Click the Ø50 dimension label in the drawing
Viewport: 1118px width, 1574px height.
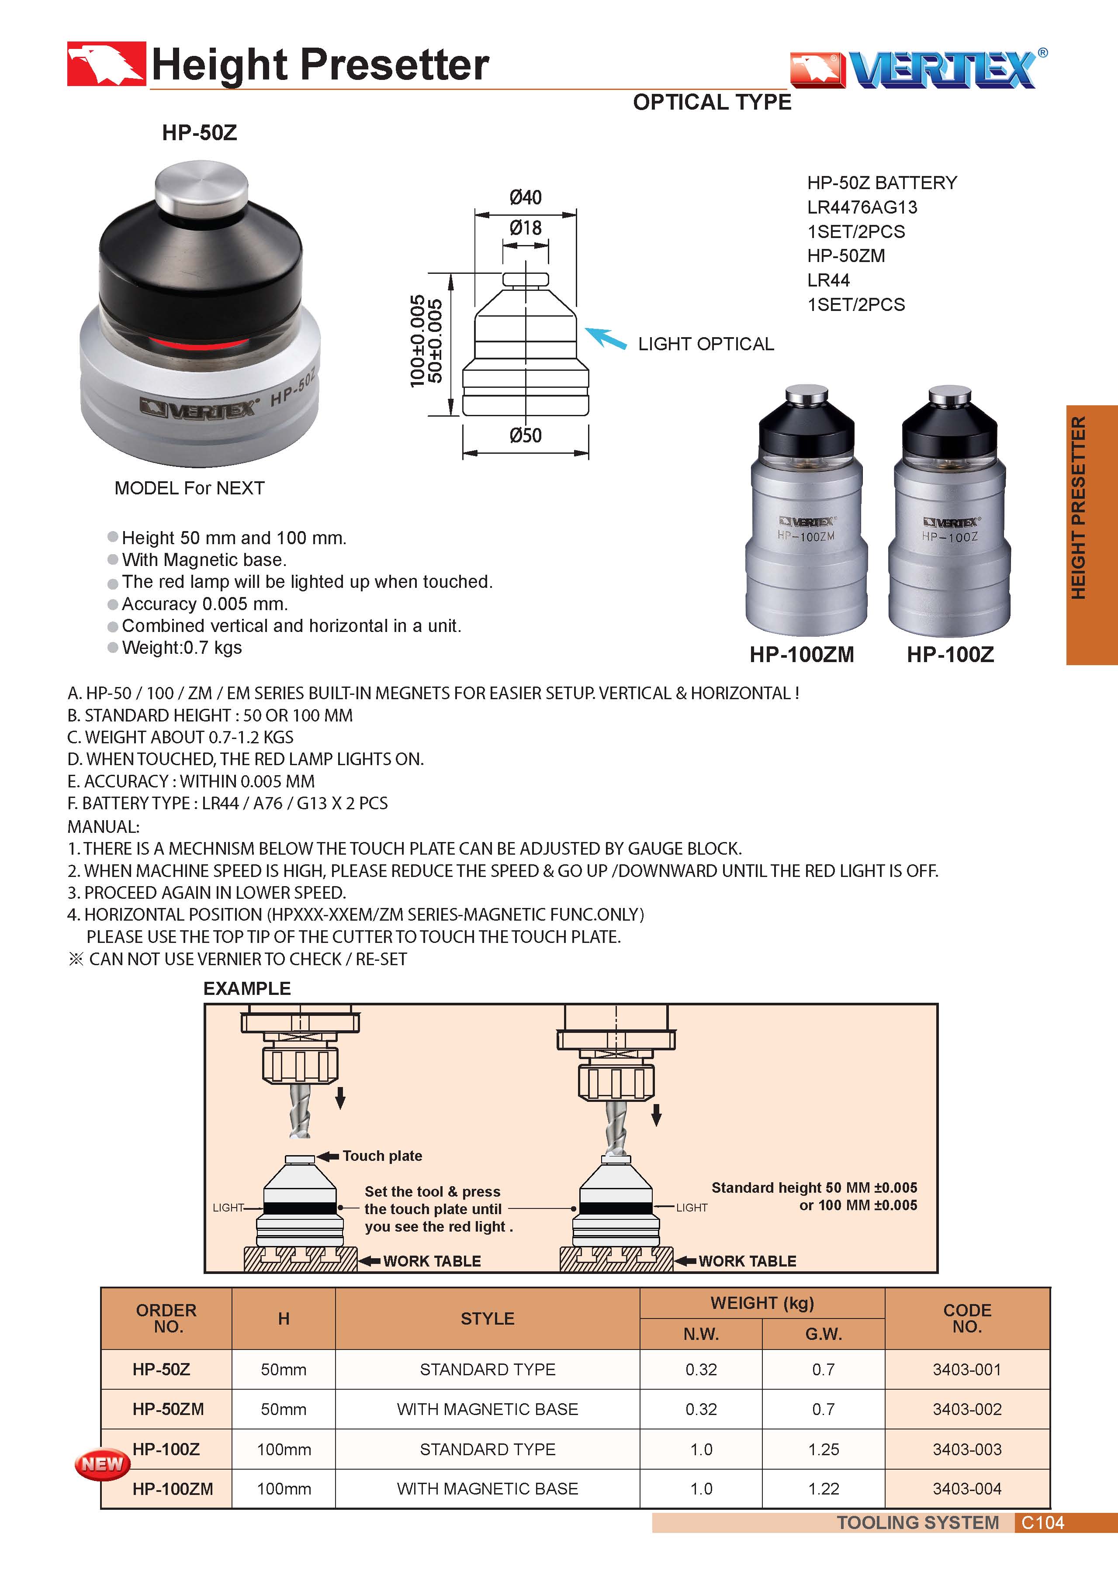525,435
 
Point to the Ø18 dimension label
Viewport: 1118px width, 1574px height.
525,228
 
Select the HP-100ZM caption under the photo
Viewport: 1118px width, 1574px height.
801,655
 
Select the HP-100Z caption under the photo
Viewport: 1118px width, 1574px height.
950,655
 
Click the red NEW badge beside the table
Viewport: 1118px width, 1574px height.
102,1464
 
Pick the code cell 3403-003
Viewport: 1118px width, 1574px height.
966,1449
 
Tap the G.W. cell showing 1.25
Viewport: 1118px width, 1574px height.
824,1449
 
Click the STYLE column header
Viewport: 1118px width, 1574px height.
488,1318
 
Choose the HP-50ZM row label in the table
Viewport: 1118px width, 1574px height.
168,1409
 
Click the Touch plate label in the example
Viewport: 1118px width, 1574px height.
382,1156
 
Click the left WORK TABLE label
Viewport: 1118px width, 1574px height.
432,1261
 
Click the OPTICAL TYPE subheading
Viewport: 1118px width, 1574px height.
712,103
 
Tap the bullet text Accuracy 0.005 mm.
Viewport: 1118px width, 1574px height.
204,604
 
